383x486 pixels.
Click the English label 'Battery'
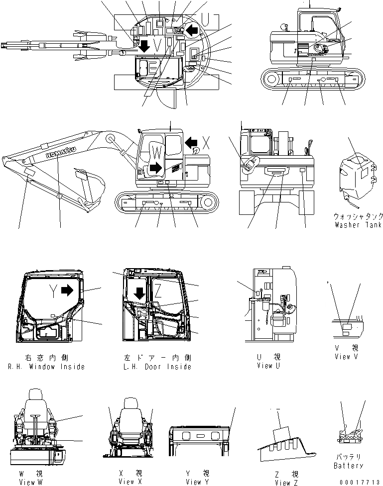tap(348, 466)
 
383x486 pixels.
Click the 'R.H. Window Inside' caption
tap(46, 367)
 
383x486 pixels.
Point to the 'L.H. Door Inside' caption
tap(156, 367)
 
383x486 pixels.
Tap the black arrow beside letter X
tap(191, 143)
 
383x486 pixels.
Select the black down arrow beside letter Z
tap(140, 293)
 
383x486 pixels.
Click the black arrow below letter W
tap(155, 167)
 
